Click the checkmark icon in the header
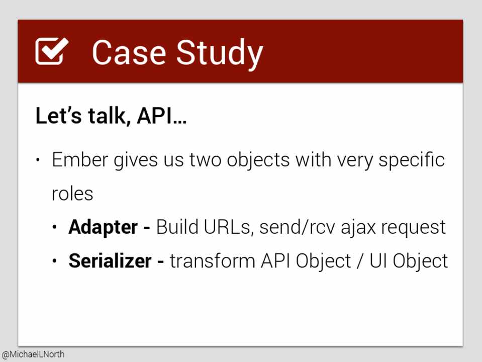tap(51, 51)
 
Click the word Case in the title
tap(129, 53)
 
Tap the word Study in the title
tap(220, 55)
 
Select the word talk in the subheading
tap(107, 116)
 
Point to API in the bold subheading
tap(155, 116)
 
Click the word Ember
tap(80, 160)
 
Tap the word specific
tap(411, 160)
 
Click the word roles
tap(72, 194)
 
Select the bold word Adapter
tap(103, 228)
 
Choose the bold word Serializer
tap(110, 261)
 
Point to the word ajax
tap(358, 228)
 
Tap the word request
tap(414, 229)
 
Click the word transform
tap(213, 261)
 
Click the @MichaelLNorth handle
tap(33, 354)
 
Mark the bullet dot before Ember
tap(38, 160)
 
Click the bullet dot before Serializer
tap(55, 261)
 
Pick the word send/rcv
tap(297, 228)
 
